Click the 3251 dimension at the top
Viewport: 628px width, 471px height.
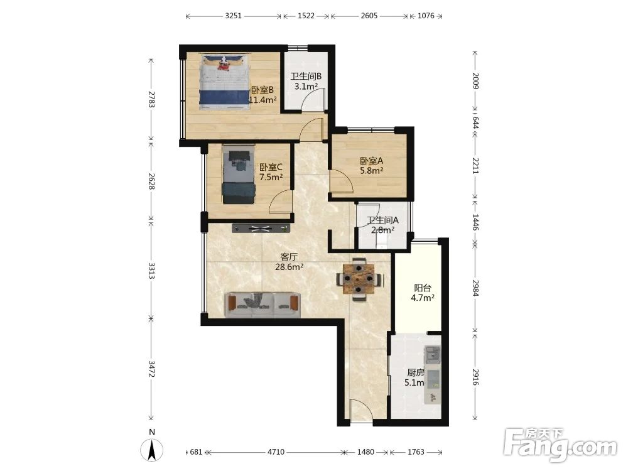(233, 16)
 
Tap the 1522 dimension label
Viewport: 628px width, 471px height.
(306, 16)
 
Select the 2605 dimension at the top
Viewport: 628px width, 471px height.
(369, 16)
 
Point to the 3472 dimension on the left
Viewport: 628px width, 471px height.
(151, 369)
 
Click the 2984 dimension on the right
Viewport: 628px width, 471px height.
(475, 288)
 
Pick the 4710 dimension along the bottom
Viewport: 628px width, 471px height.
(276, 452)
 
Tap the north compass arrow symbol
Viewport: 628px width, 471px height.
(152, 450)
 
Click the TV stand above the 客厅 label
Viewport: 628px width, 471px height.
(261, 229)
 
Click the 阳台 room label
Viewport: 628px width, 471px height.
(423, 288)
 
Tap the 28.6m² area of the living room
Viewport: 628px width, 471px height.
(289, 267)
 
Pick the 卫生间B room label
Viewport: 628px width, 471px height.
(306, 76)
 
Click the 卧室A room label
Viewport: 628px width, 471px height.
(372, 161)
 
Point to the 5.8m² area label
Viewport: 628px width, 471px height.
(372, 171)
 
